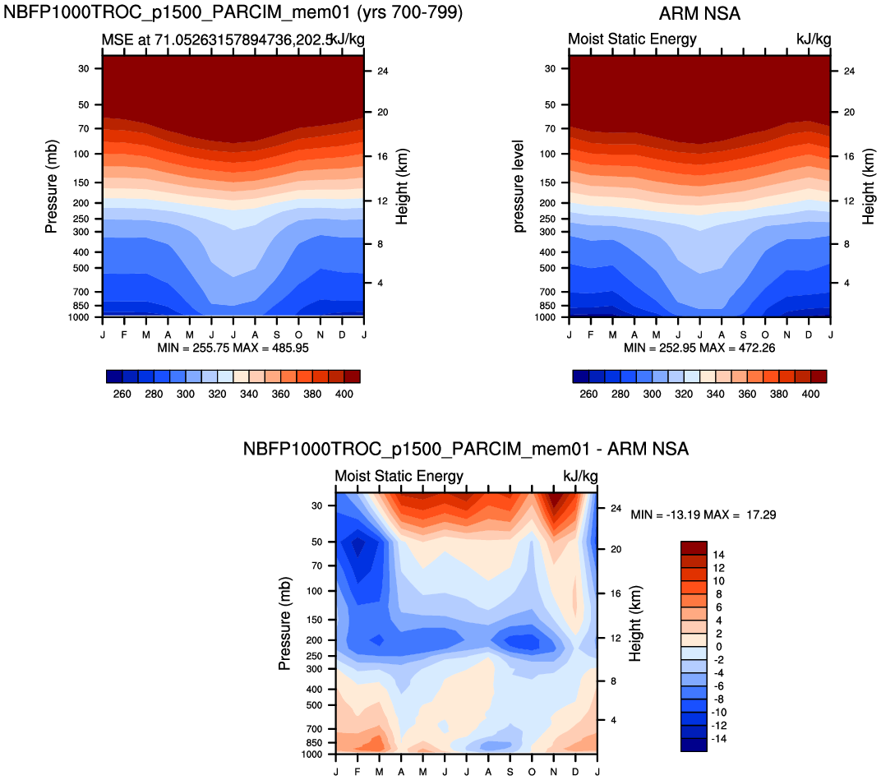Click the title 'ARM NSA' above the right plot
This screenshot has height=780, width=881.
tap(699, 14)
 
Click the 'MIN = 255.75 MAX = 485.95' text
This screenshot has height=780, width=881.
tap(232, 348)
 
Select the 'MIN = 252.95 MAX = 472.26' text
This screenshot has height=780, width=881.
tap(699, 348)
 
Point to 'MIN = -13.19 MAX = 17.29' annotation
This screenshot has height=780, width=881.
tap(703, 515)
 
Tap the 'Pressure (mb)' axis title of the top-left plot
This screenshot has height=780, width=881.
tap(52, 186)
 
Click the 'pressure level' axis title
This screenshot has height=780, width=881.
tap(519, 186)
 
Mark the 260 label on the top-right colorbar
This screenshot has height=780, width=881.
tap(588, 395)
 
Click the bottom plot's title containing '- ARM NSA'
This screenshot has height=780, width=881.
tap(465, 450)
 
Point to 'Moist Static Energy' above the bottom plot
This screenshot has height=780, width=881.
tap(399, 476)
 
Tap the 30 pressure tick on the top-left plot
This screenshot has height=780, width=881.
tap(83, 68)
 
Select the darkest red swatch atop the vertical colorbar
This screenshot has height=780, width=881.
tap(694, 547)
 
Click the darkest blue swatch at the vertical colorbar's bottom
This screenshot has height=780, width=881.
tap(694, 745)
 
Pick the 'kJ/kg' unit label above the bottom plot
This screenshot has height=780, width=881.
tap(580, 476)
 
